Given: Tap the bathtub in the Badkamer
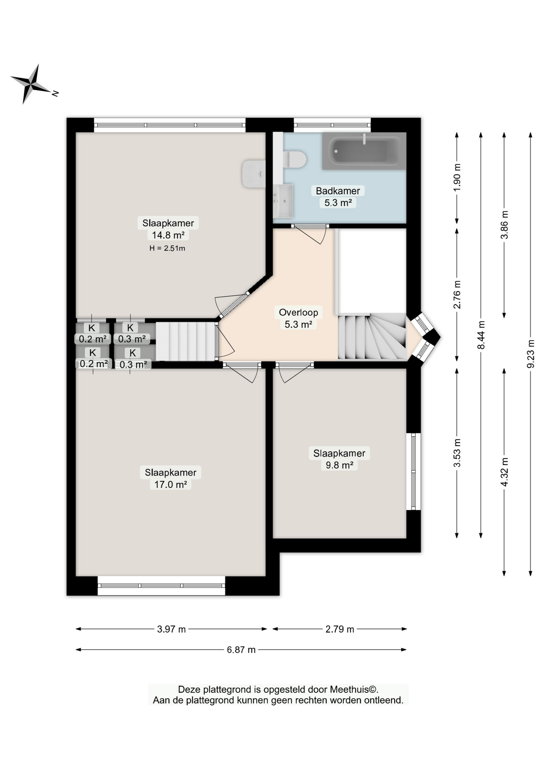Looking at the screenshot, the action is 364,151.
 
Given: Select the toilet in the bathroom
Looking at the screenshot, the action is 294,159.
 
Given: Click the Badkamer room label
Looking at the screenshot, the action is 338,191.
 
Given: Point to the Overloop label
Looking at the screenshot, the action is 298,312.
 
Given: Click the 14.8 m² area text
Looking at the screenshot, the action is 168,235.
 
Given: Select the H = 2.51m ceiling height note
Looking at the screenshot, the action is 167,248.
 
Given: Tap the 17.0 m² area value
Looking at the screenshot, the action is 171,484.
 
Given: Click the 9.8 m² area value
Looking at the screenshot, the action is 339,465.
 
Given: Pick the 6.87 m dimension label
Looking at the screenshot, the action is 241,650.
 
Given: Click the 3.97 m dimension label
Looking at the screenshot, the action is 171,629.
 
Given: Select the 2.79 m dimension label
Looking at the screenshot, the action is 340,629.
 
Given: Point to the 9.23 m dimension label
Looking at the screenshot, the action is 531,354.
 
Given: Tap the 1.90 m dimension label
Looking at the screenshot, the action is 457,177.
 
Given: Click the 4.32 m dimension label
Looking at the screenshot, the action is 504,472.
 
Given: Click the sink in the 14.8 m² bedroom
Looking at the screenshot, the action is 254,174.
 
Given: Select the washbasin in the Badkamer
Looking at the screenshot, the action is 283,201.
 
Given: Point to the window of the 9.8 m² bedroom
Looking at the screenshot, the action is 413,471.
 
